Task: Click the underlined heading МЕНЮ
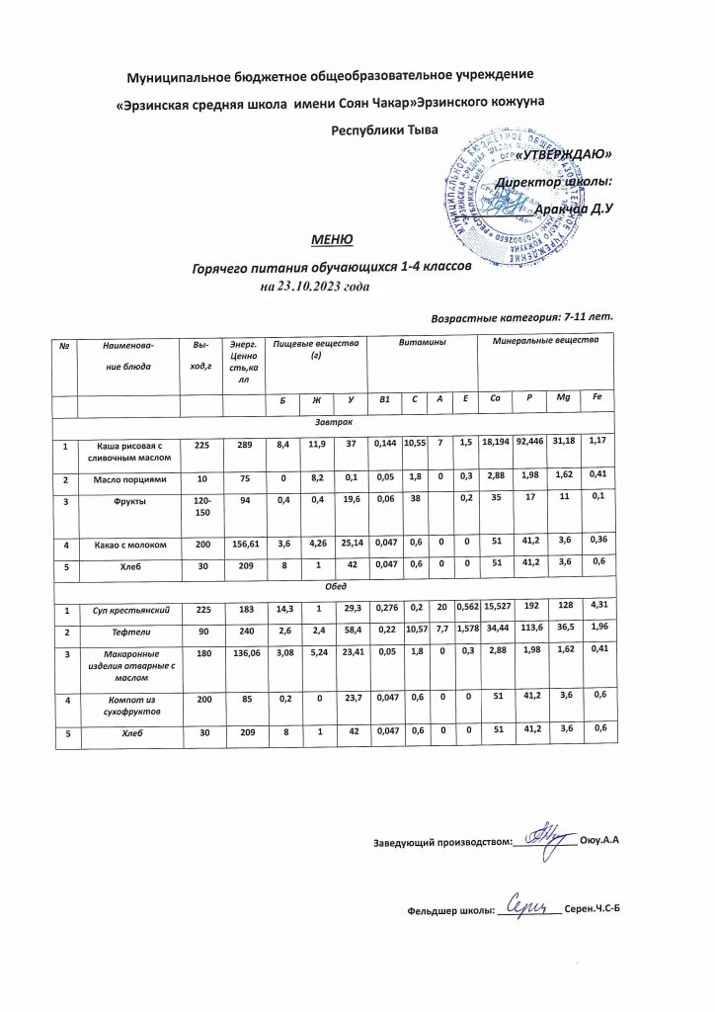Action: (330, 240)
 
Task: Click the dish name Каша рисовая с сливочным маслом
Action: (126, 453)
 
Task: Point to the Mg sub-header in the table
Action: (560, 398)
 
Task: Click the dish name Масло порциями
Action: (126, 480)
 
